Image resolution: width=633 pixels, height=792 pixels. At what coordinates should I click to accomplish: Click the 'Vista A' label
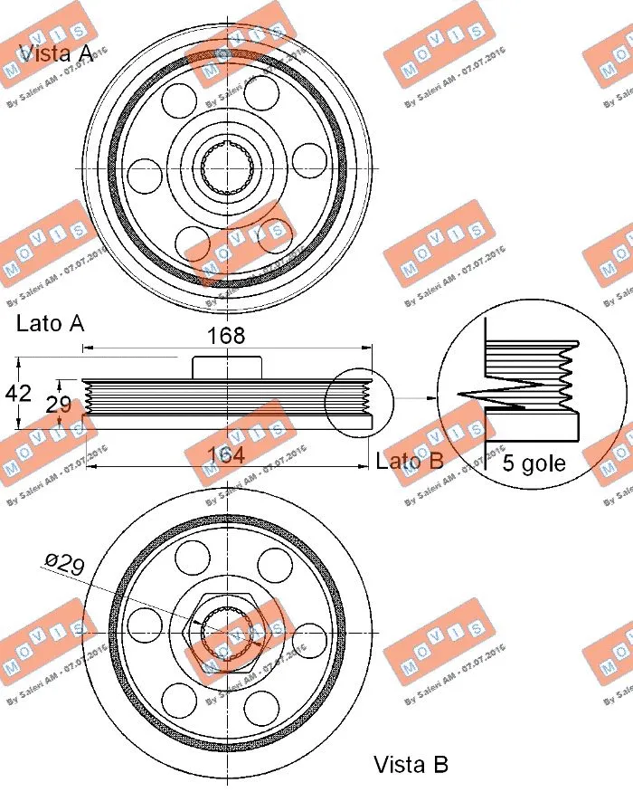(55, 53)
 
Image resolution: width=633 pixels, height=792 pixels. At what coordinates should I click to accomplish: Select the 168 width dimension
(226, 336)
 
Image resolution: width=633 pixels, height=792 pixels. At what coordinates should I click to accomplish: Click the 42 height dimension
(17, 394)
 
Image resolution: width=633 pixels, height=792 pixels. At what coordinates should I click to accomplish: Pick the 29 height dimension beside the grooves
(59, 405)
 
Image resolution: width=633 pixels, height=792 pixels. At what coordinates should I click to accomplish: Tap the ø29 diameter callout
(64, 566)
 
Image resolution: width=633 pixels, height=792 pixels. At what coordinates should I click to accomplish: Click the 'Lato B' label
(409, 461)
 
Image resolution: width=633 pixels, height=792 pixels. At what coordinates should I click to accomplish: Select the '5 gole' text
(534, 463)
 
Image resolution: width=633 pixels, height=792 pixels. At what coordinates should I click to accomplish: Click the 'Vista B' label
(411, 765)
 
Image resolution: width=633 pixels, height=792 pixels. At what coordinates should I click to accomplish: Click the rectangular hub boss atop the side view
(227, 367)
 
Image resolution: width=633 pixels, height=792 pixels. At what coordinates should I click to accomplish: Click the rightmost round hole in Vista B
(309, 635)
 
